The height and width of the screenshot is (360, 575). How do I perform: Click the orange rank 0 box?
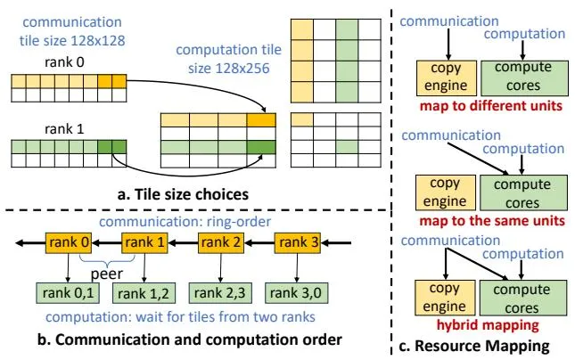(x=69, y=242)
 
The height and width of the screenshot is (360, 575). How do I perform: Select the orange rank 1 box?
(x=144, y=242)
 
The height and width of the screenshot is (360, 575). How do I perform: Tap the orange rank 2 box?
(x=221, y=242)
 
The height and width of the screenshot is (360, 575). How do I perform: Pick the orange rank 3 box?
(x=298, y=242)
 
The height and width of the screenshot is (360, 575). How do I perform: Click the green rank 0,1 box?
(x=68, y=293)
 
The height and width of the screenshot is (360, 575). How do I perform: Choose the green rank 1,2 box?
(x=144, y=293)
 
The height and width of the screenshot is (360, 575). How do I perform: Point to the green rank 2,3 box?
(x=220, y=293)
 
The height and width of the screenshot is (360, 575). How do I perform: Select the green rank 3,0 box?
(x=296, y=293)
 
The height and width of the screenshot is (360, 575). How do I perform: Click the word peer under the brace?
(x=107, y=274)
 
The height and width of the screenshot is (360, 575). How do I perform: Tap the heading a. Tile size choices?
(x=183, y=194)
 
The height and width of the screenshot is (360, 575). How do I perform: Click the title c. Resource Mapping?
(x=474, y=346)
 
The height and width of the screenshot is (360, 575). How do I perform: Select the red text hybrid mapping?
(x=488, y=325)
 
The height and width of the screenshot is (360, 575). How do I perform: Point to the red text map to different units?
(x=491, y=105)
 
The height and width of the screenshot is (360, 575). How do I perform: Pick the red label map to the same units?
(x=492, y=221)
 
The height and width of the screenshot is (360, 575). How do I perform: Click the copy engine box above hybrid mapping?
(x=445, y=298)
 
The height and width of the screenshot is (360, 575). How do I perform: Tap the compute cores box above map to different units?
(x=524, y=78)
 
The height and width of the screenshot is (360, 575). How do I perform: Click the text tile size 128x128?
(x=72, y=40)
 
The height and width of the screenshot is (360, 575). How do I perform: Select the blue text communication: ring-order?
(x=185, y=222)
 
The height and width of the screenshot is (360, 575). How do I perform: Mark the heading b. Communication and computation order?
(x=190, y=340)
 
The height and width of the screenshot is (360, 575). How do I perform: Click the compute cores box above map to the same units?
(x=523, y=192)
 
